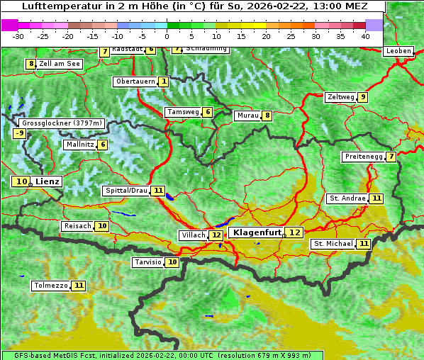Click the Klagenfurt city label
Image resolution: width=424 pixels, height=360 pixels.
coord(257,232)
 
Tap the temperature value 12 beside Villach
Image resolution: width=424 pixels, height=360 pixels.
coord(216,235)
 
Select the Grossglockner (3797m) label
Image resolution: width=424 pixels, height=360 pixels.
coord(62,123)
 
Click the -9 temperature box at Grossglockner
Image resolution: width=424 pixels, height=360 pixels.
coord(20,133)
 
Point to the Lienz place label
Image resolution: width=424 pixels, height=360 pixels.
coord(48,181)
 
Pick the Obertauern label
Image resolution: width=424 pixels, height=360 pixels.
coord(135,81)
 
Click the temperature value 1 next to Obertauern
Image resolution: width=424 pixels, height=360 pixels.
coord(164,81)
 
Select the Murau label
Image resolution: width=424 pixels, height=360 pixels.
coord(247,116)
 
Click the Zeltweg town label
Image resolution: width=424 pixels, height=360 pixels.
coord(340,97)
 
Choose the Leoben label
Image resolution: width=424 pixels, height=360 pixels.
coord(398,51)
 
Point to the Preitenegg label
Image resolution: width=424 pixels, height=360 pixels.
coord(363,157)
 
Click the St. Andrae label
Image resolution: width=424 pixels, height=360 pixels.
coord(347,198)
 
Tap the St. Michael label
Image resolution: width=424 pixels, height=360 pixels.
coord(333,244)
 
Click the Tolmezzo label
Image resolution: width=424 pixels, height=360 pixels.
coord(50,286)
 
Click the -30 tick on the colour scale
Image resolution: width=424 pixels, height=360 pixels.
coord(18,36)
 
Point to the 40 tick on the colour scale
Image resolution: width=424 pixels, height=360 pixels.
coord(365,36)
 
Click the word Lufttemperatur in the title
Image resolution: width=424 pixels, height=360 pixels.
coord(54,6)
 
